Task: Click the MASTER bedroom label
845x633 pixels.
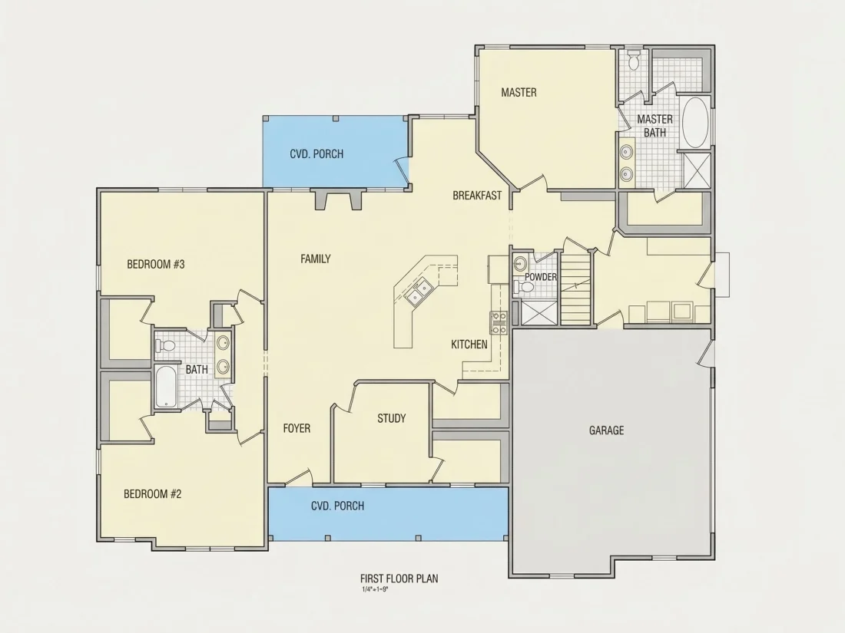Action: click(519, 93)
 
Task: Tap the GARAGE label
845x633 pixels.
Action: click(606, 430)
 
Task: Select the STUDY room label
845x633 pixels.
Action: click(391, 418)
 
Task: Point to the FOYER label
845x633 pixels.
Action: click(297, 428)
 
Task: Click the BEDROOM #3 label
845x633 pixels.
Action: click(156, 264)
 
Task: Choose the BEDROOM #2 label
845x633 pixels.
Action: click(153, 494)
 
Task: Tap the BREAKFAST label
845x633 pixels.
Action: click(477, 196)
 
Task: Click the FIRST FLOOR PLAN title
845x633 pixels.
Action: click(399, 579)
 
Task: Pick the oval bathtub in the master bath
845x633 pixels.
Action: click(694, 123)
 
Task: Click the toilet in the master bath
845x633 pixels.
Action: click(634, 61)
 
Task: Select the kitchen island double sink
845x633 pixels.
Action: click(420, 292)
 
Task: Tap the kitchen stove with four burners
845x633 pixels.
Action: click(499, 322)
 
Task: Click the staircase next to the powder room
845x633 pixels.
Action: click(576, 288)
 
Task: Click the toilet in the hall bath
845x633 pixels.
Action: click(166, 345)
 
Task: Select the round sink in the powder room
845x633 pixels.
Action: click(520, 264)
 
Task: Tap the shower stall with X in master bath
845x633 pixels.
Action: click(696, 170)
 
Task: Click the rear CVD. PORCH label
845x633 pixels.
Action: click(316, 154)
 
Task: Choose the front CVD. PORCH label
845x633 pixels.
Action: click(337, 506)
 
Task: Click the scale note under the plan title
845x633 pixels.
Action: click(375, 589)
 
